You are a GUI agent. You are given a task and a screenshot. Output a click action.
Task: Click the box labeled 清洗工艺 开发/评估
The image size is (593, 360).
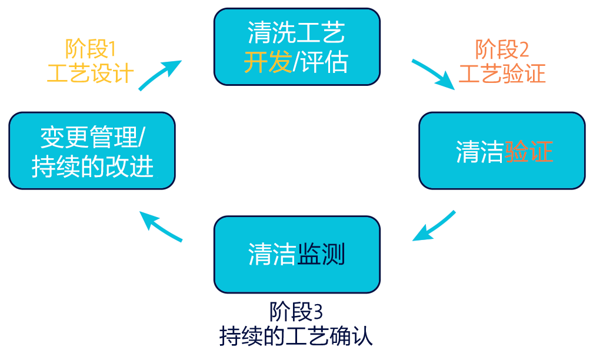pos(296,46)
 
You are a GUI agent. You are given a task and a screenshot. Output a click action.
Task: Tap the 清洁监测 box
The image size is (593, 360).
pos(296,254)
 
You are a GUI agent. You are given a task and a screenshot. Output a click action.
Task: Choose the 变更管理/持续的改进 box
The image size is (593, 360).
pos(92,151)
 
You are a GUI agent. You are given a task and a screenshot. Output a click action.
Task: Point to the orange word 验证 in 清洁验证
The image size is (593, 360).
pos(528,152)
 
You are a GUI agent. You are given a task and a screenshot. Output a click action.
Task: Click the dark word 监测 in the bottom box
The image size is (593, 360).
pos(321,254)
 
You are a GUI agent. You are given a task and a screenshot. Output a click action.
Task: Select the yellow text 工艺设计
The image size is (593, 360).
pos(89,73)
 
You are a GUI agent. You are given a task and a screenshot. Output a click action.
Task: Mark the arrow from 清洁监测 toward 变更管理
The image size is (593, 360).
pos(161,226)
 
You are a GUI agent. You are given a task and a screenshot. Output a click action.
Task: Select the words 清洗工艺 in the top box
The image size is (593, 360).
pos(296,33)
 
